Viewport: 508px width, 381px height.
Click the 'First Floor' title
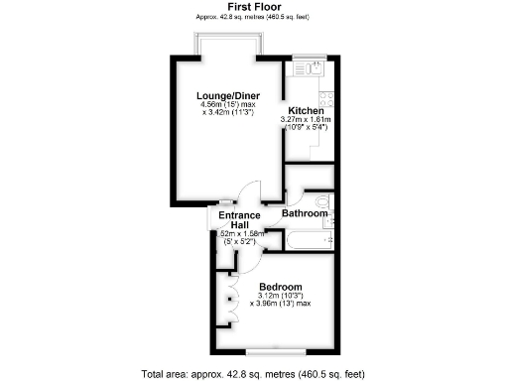(253, 6)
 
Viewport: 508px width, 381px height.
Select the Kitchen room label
(306, 110)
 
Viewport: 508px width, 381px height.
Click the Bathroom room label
(305, 213)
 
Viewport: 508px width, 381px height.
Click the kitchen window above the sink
(309, 57)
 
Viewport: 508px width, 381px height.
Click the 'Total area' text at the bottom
(253, 373)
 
